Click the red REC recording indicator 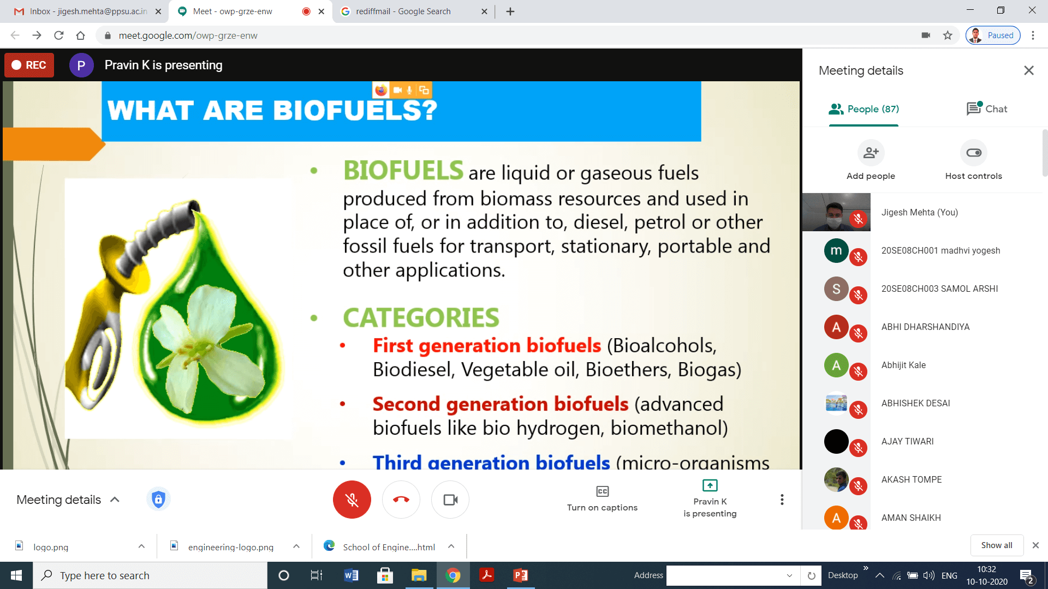click(29, 65)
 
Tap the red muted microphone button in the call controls click(352, 500)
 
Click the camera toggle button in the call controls click(450, 500)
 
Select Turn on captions click(602, 499)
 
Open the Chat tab click(987, 109)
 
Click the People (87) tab click(864, 109)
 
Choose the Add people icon click(871, 153)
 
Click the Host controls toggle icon click(974, 153)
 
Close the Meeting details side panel click(1029, 70)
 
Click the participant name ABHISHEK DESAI click(915, 403)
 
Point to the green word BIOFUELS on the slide click(403, 171)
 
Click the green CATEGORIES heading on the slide click(421, 318)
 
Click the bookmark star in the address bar click(948, 35)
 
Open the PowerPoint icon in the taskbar click(520, 575)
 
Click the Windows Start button click(16, 575)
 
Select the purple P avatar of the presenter click(81, 65)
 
